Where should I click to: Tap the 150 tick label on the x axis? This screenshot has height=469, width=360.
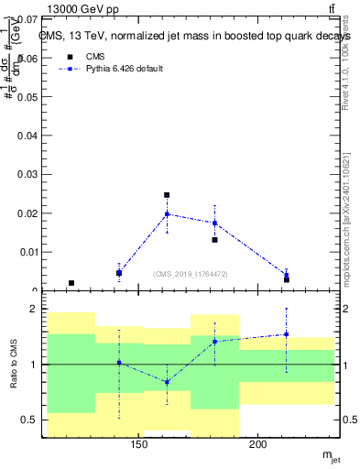(x=139, y=445)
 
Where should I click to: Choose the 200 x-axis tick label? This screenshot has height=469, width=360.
(x=258, y=445)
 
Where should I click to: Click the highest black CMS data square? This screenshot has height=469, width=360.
(x=167, y=195)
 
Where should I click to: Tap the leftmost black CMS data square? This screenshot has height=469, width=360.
(x=71, y=283)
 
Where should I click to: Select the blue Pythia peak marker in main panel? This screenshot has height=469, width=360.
(x=167, y=214)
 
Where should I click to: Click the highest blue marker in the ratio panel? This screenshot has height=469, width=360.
(x=286, y=334)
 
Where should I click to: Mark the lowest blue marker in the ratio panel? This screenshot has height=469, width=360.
(x=167, y=382)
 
